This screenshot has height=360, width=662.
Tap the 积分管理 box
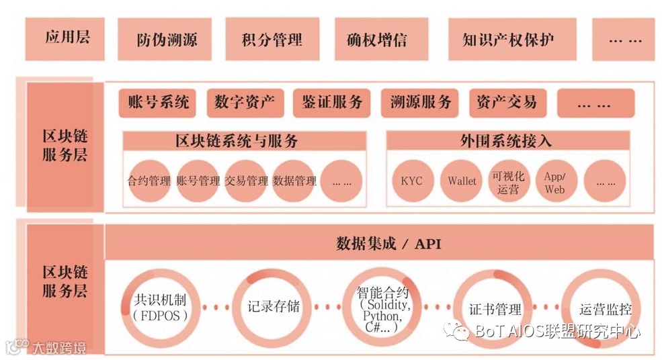click(x=272, y=40)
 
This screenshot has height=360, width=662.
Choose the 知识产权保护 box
click(x=509, y=40)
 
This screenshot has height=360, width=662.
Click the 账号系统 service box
click(x=158, y=103)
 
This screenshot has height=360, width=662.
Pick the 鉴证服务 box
click(x=331, y=103)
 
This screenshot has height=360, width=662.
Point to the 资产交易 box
click(x=507, y=103)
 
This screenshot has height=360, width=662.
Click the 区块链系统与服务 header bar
click(x=245, y=141)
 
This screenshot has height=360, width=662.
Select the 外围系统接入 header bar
click(x=507, y=141)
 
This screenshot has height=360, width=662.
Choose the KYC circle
click(x=411, y=181)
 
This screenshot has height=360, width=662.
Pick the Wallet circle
click(x=462, y=181)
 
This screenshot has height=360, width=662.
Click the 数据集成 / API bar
click(x=379, y=242)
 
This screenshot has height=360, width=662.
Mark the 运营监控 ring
click(x=604, y=310)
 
